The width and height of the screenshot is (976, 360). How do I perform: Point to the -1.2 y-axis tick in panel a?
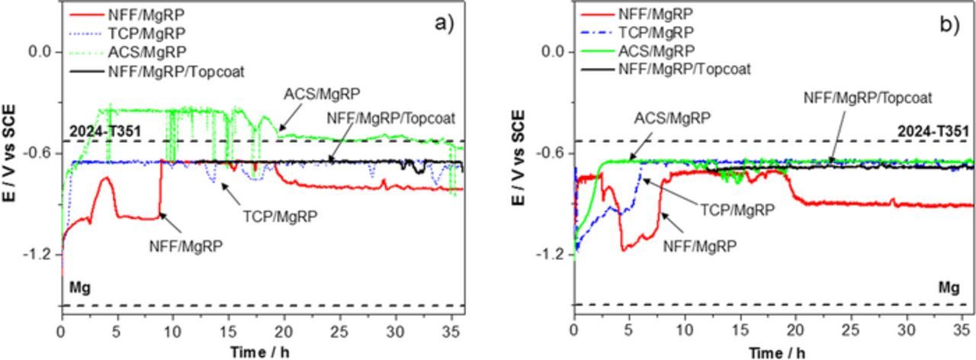coord(40,254)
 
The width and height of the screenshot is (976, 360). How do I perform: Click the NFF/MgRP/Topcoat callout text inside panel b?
coord(868,98)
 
